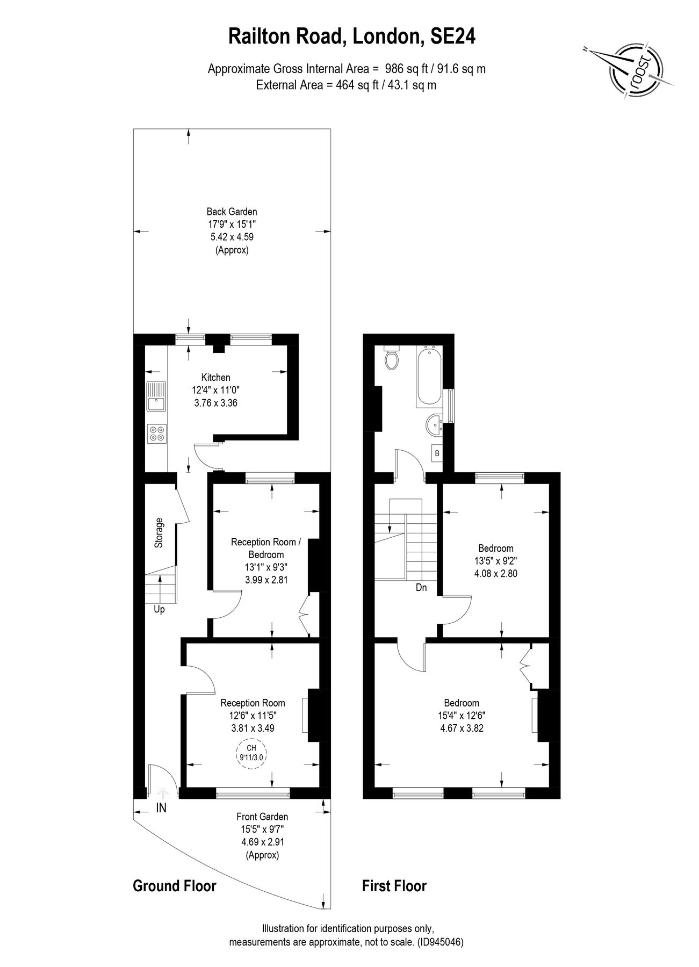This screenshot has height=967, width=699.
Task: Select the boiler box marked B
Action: [437, 453]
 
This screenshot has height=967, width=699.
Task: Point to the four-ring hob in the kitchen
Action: [157, 434]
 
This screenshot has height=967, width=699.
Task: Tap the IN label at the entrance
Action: [161, 807]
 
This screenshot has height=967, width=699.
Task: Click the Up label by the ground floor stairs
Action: [159, 610]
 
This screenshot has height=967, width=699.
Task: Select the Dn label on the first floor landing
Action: [421, 588]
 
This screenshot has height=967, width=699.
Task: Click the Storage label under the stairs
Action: [159, 533]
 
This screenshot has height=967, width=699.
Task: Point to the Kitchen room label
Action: [215, 378]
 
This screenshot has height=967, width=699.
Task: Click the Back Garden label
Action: [232, 212]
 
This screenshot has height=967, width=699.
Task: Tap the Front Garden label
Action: [263, 817]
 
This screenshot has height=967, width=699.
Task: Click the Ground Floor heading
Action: [174, 886]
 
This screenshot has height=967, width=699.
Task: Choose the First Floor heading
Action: [394, 886]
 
